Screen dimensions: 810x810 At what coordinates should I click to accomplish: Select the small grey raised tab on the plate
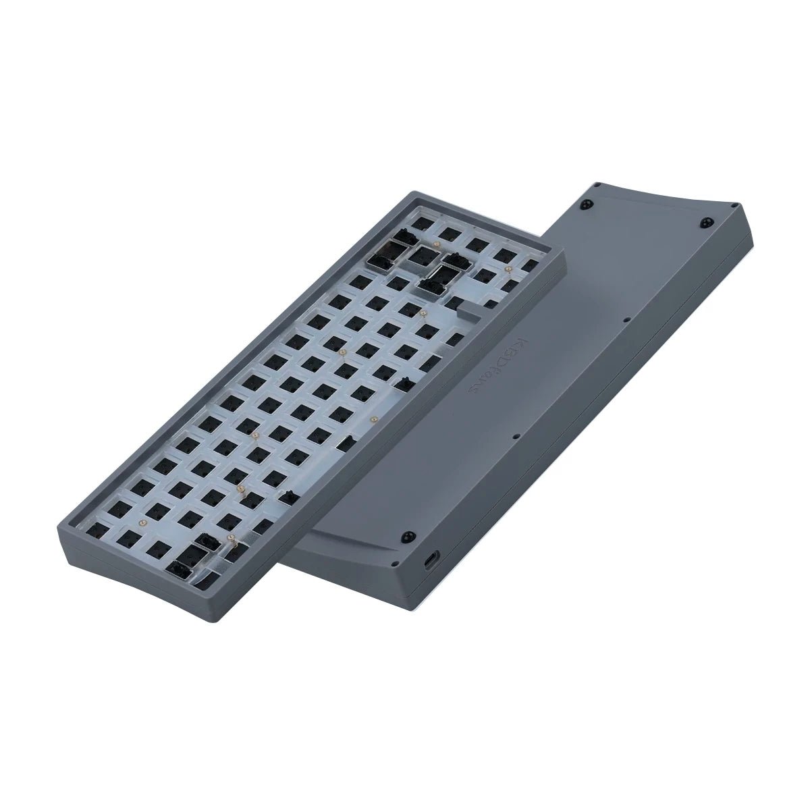(x=466, y=311)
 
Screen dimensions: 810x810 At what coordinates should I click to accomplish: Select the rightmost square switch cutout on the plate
(x=532, y=261)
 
